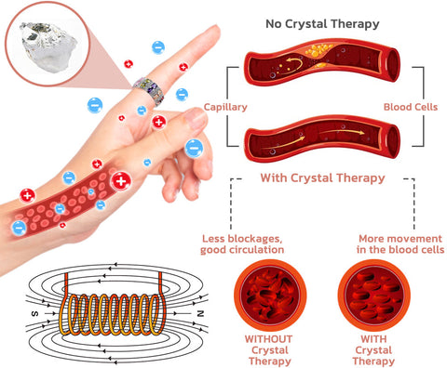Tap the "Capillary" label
pos(224,107)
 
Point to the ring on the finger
pos(149,90)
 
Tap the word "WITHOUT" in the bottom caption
pos(267,338)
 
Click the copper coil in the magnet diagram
pos(112,316)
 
